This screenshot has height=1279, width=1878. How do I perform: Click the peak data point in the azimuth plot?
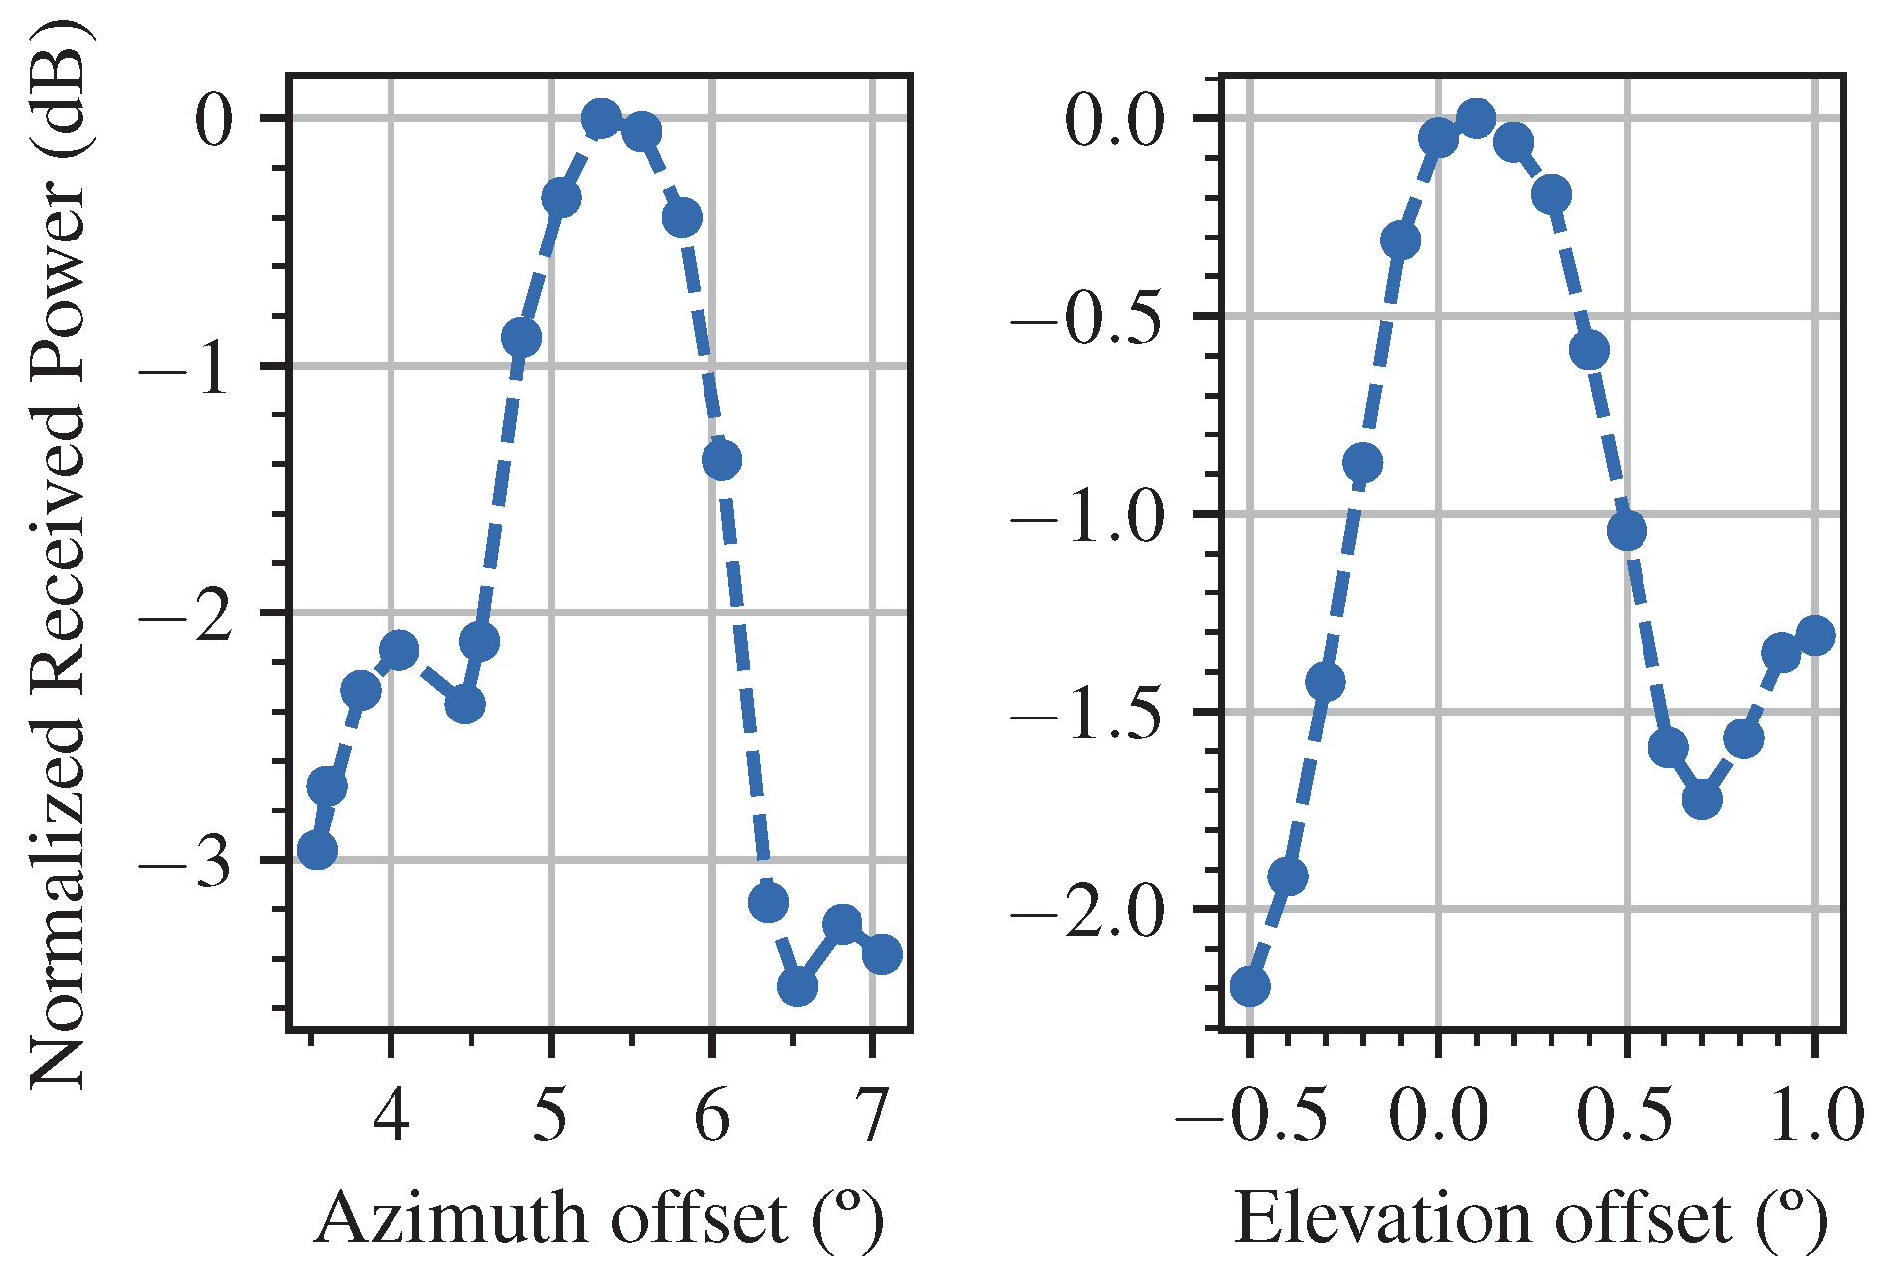click(601, 119)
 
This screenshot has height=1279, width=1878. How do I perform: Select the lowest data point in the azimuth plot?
click(797, 987)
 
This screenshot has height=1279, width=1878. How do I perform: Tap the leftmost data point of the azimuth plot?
click(317, 850)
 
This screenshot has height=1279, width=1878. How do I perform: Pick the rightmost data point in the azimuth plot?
click(882, 954)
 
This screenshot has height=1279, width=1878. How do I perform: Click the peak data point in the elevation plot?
click(1476, 119)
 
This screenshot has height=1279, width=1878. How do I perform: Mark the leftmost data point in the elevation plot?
click(1249, 986)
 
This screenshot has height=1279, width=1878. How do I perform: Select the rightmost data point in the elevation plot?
click(1815, 635)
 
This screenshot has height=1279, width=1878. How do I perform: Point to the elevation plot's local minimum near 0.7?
click(1702, 799)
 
